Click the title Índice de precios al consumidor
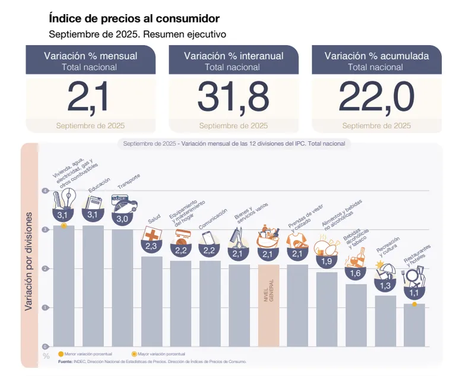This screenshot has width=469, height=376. click(134, 20)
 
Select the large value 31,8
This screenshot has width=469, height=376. click(233, 96)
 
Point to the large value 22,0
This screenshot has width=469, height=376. click(376, 96)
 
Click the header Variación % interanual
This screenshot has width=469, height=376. click(233, 56)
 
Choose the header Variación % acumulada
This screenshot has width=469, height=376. click(376, 56)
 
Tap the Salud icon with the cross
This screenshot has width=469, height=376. click(151, 234)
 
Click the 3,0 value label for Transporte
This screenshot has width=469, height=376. click(122, 219)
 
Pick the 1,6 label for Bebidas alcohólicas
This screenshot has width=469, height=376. click(356, 273)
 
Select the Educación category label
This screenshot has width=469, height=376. click(99, 186)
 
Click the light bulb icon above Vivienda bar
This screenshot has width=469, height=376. click(64, 198)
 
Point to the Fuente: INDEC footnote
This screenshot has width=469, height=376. click(151, 361)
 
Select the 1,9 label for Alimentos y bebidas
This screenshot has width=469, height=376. click(327, 261)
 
